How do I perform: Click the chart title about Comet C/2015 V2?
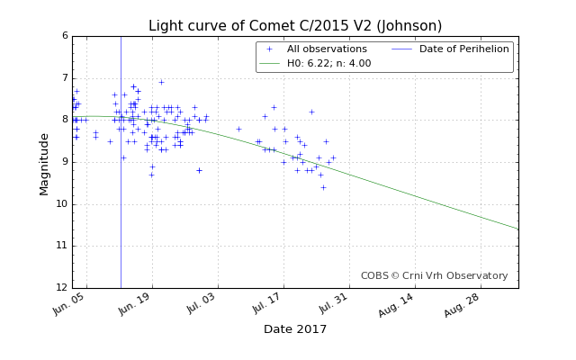coord(295,26)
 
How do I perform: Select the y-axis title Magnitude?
coord(44,164)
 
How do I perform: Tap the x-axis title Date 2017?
coord(295,328)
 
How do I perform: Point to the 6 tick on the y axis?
coord(66,36)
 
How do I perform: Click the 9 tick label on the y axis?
coord(66,162)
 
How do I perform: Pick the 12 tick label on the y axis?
coord(62,288)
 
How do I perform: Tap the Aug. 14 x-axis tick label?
coord(395,306)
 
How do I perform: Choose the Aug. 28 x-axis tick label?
coord(461,306)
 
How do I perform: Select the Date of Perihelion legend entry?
coord(450,49)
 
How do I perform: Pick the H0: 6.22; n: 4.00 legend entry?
coord(315,64)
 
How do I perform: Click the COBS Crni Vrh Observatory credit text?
coord(434,275)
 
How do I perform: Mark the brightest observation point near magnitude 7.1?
coord(161,82)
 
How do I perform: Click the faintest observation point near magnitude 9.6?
coord(323,188)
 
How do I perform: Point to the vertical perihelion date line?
coord(121,162)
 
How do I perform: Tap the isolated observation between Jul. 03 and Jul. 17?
coord(238,129)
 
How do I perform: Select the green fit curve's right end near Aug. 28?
coord(518,229)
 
